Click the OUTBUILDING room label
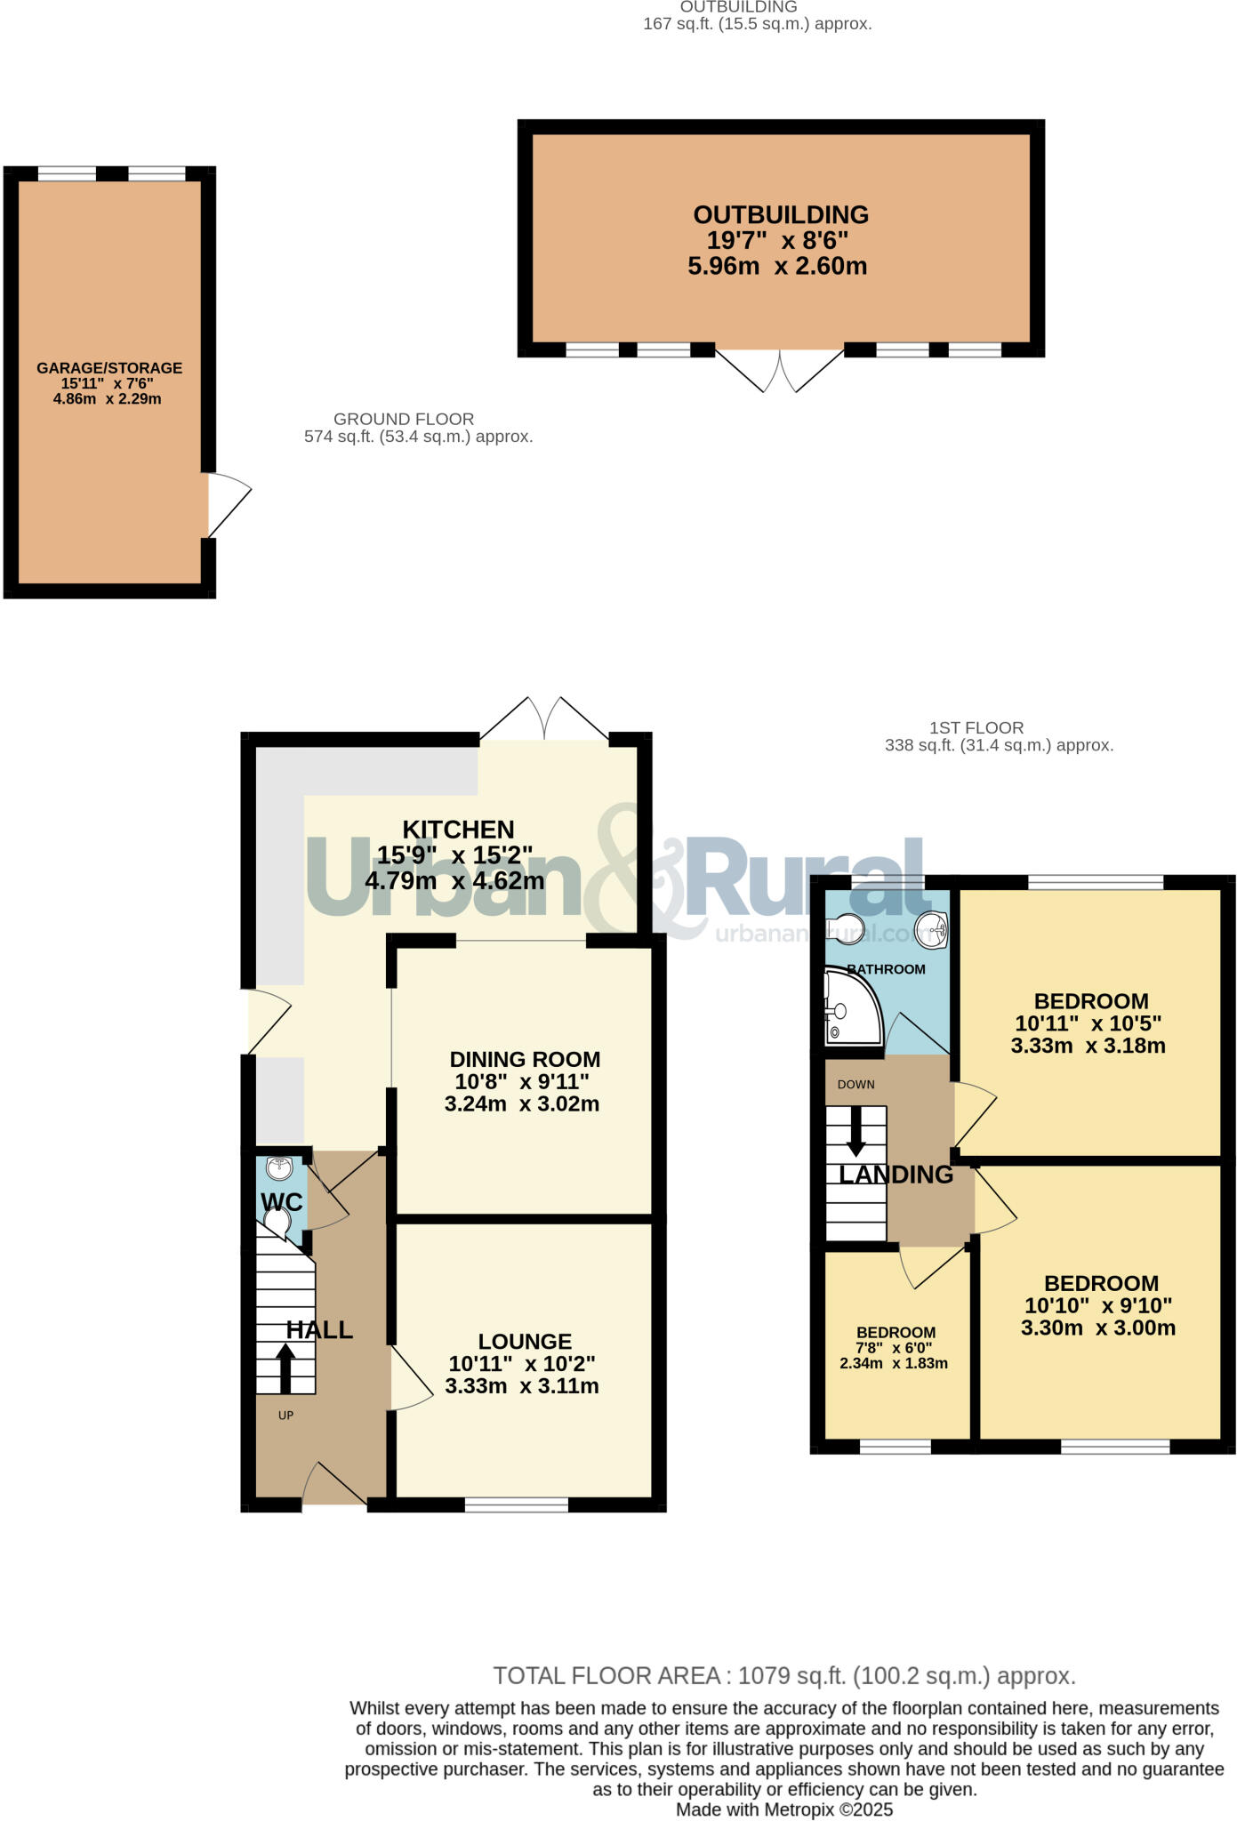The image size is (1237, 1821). tap(780, 215)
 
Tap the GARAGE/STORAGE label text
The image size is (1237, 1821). tap(108, 368)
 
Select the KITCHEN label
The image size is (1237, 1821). tap(458, 830)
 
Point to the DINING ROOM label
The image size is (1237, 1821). tap(525, 1059)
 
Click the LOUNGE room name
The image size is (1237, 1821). tap(525, 1341)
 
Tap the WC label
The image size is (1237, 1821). tap(282, 1202)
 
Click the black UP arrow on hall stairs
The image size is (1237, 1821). tap(285, 1367)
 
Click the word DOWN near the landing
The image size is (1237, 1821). tap(855, 1085)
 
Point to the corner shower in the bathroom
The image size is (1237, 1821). tap(849, 1009)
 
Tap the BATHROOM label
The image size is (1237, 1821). tap(886, 969)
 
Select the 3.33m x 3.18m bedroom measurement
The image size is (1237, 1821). tap(1088, 1047)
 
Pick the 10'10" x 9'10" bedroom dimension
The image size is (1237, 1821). tap(1098, 1306)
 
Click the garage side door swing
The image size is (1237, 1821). tap(228, 504)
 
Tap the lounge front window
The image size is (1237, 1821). tap(516, 1504)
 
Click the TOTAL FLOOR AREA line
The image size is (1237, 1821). tap(784, 1676)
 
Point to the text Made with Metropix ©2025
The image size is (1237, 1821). tap(784, 1809)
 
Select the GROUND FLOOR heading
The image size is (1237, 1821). tap(404, 419)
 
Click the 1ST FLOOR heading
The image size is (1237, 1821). tap(976, 727)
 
